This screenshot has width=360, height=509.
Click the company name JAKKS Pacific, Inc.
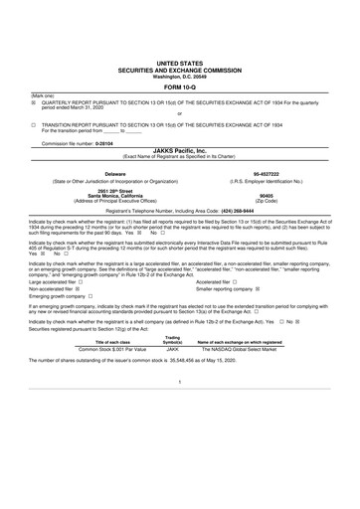[x=179, y=150]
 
